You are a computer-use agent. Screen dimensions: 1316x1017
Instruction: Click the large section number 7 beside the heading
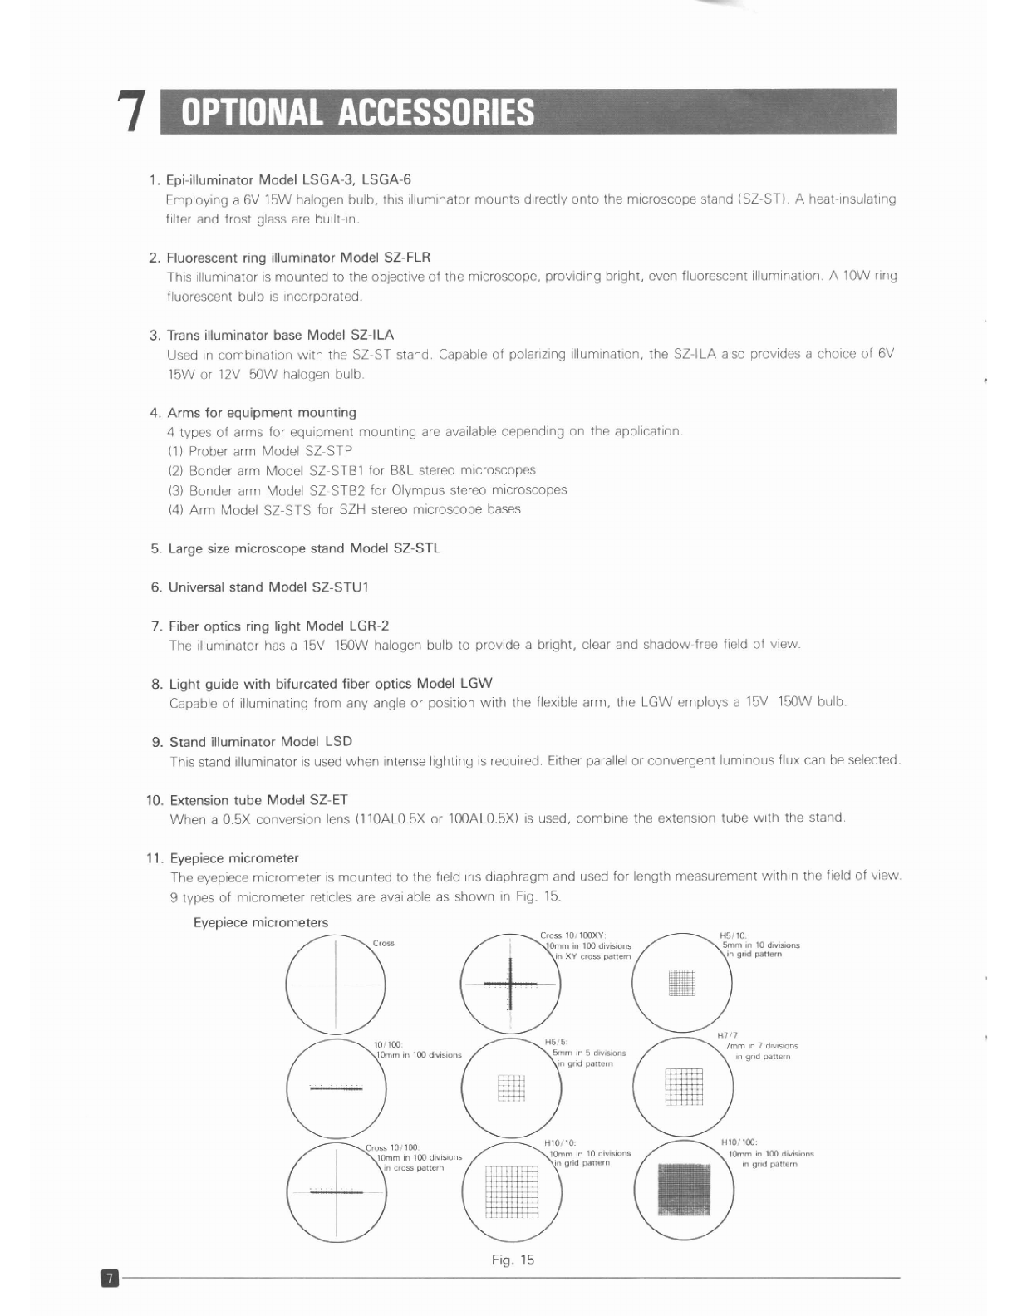pyautogui.click(x=131, y=111)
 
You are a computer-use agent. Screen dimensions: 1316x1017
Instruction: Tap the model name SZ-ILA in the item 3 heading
pyautogui.click(x=372, y=335)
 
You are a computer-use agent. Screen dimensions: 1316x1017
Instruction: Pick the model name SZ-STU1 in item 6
pyautogui.click(x=340, y=587)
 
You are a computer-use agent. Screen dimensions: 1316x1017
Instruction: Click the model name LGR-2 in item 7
pyautogui.click(x=369, y=626)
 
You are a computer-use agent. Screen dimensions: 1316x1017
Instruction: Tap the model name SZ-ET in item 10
pyautogui.click(x=329, y=800)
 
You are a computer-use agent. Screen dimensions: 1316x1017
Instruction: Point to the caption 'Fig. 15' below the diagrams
pyautogui.click(x=513, y=1260)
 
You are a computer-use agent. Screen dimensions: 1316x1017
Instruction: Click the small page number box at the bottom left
pyautogui.click(x=110, y=1278)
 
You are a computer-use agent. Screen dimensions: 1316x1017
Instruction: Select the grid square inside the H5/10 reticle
pyautogui.click(x=681, y=982)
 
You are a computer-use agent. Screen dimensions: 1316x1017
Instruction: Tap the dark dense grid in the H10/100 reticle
pyautogui.click(x=685, y=1189)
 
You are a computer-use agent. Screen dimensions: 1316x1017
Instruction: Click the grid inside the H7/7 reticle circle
pyautogui.click(x=684, y=1087)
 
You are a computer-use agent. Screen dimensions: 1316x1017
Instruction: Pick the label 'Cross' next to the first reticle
pyautogui.click(x=384, y=944)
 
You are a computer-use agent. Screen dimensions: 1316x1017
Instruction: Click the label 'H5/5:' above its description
pyautogui.click(x=556, y=1042)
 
